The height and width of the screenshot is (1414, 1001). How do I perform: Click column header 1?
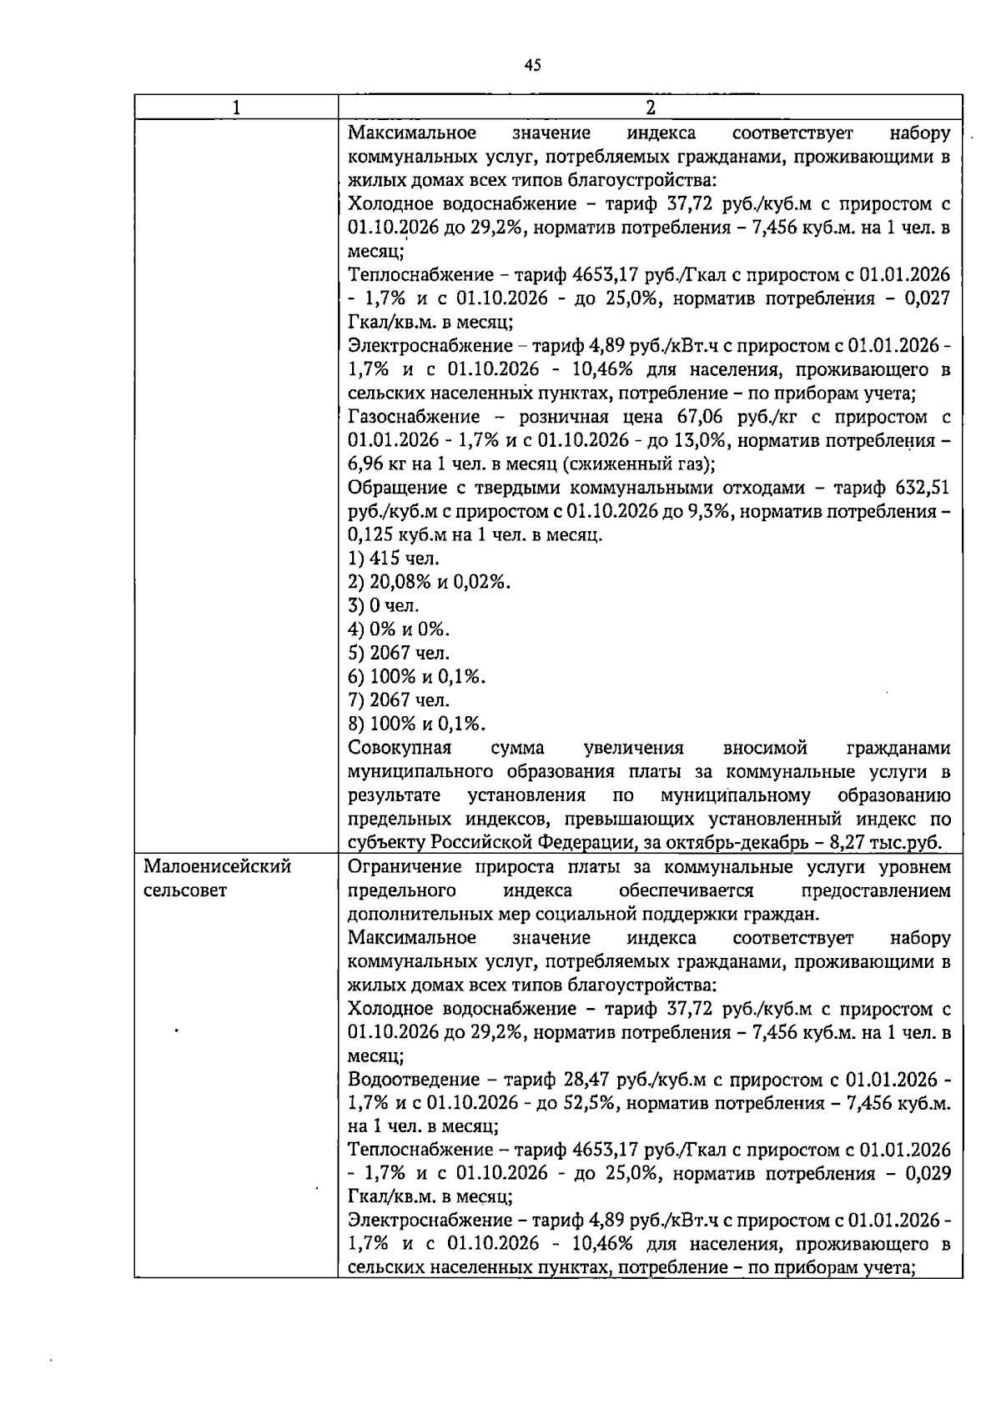236,108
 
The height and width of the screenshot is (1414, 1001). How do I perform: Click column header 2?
650,108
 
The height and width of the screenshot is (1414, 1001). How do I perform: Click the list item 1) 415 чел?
394,559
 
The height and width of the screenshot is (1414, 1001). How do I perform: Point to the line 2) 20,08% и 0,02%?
430,582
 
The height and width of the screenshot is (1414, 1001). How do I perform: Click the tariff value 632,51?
922,488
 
